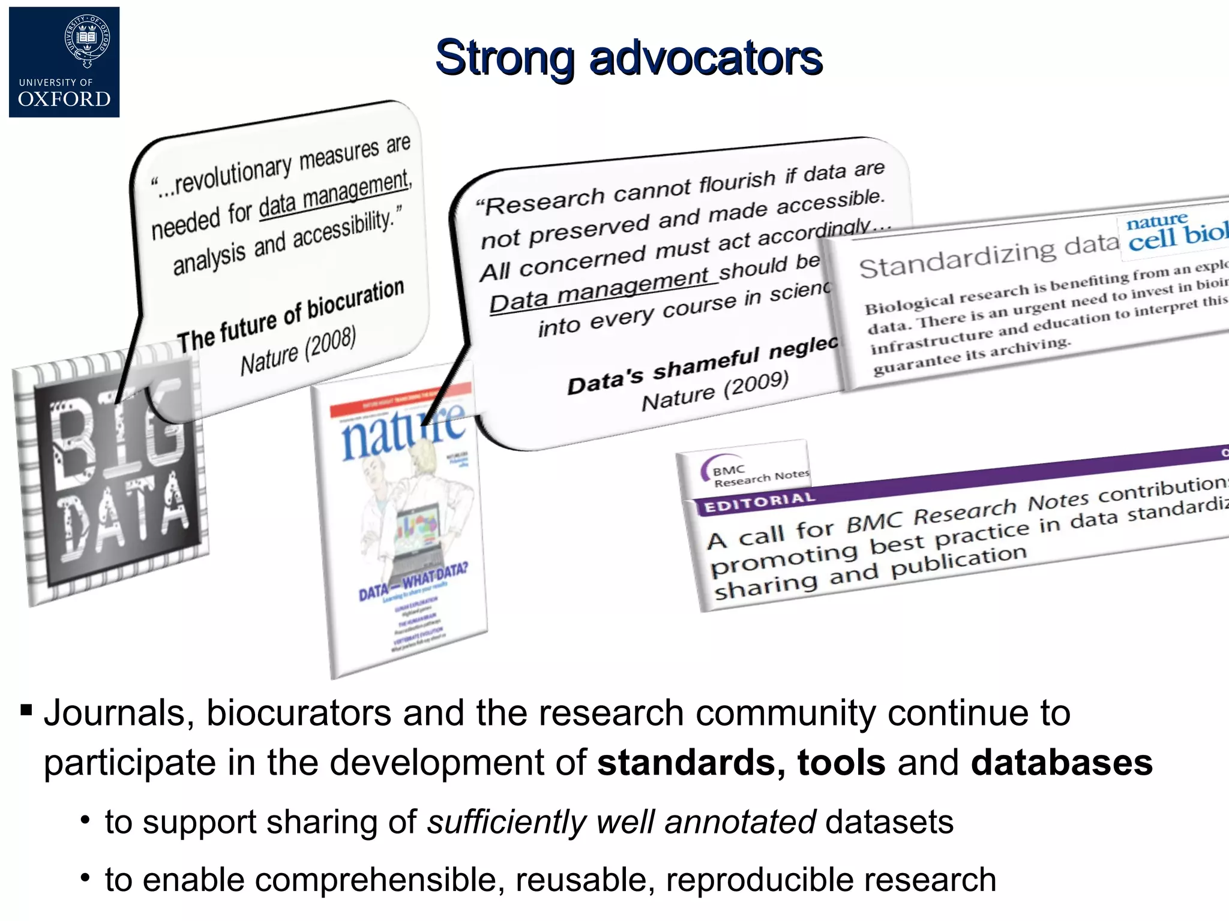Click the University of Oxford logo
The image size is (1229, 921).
tap(64, 62)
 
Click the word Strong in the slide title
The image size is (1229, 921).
tap(505, 58)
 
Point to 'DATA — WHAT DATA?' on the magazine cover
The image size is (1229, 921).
tap(413, 582)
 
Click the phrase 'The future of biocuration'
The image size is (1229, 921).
tap(290, 316)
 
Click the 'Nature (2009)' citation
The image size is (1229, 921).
tap(715, 391)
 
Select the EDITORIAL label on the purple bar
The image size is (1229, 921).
tap(759, 502)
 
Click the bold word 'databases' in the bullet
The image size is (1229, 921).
tap(1062, 762)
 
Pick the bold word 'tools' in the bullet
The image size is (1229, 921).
tap(841, 762)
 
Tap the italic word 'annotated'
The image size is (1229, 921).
tap(740, 821)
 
